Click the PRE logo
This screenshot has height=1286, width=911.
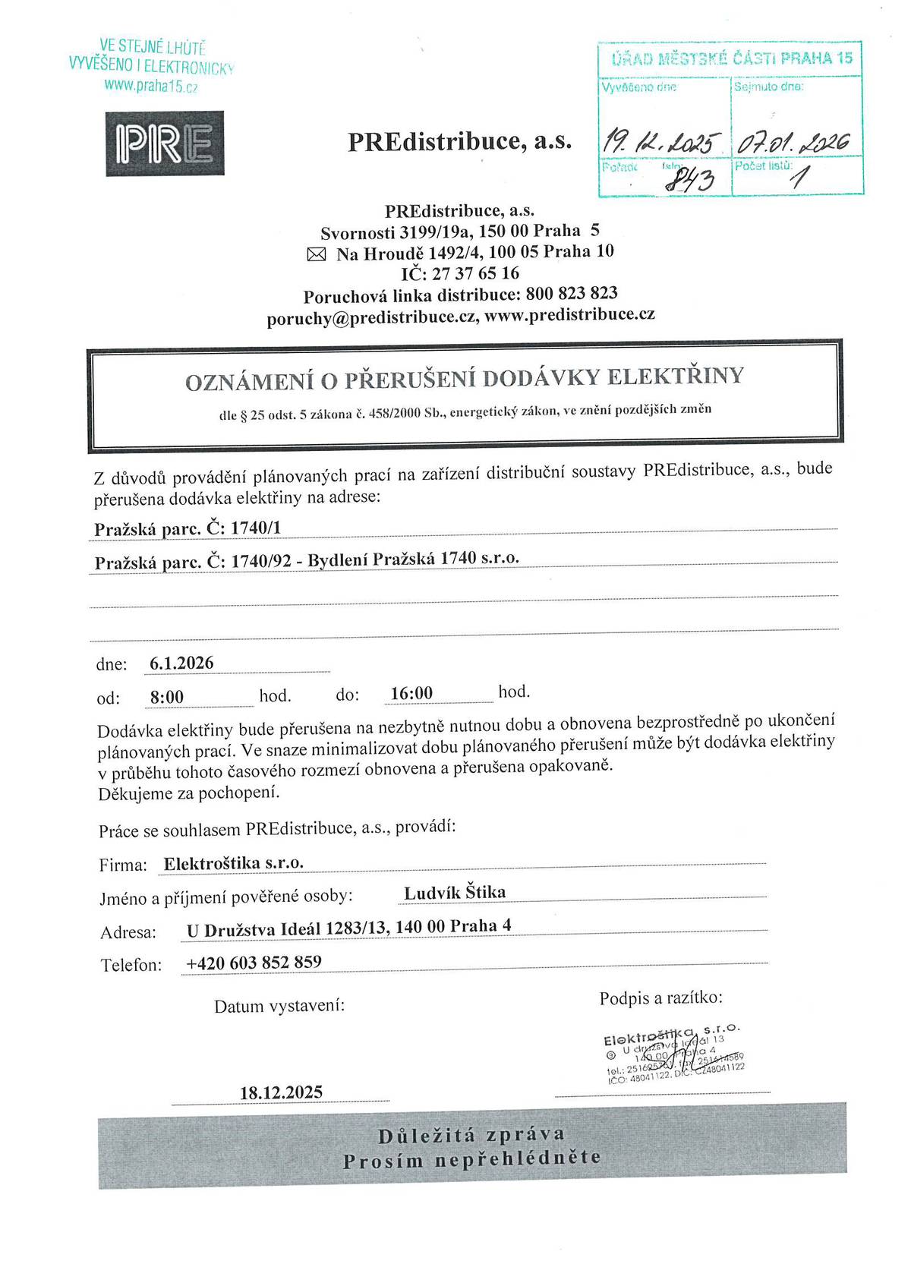165,143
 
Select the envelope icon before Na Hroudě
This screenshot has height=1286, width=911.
315,255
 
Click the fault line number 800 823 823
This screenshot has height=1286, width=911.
571,293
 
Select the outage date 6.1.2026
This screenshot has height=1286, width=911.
181,663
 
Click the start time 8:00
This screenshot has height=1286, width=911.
167,697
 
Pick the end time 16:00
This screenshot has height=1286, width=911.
411,693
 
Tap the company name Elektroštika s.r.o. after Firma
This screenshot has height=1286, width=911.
234,863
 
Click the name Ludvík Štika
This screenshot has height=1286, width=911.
455,893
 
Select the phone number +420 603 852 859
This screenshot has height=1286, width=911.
254,963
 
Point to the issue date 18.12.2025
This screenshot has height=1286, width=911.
281,1092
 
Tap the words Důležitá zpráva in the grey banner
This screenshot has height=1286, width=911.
471,1136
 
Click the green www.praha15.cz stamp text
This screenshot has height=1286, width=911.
151,86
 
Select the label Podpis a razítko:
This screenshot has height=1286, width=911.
660,998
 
